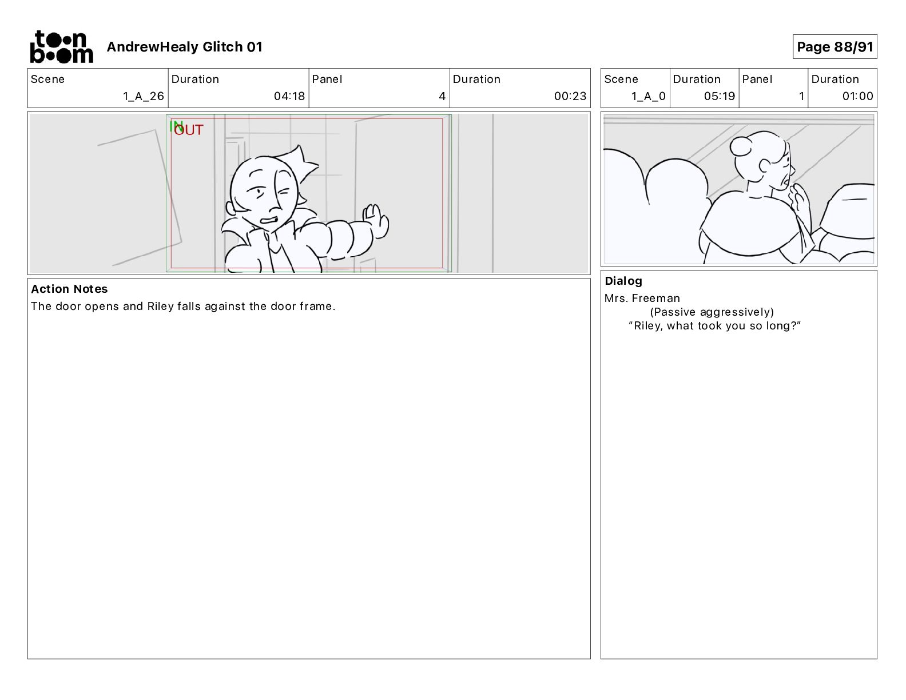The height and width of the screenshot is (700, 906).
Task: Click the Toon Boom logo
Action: [x=62, y=47]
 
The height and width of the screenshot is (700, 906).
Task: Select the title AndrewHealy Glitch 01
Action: [x=184, y=47]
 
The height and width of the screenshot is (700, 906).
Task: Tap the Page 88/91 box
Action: [x=835, y=47]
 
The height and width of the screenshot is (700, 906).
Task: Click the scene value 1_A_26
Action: [x=143, y=96]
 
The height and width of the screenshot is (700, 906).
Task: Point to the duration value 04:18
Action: [x=289, y=96]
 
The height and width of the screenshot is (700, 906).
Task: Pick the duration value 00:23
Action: [x=570, y=96]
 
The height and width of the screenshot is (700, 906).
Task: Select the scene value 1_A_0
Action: [x=649, y=96]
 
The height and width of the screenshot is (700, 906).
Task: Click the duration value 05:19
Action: [x=719, y=96]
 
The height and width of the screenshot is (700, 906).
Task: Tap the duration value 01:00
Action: [x=857, y=96]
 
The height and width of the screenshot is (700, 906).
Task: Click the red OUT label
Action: [x=189, y=130]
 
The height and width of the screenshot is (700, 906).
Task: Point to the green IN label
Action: [x=176, y=126]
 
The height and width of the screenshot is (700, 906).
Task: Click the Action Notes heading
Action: [x=69, y=289]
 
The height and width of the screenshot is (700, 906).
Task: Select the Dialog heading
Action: [x=623, y=281]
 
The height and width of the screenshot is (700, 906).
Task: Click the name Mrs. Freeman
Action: [x=642, y=298]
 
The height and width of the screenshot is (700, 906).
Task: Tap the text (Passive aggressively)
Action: [x=712, y=312]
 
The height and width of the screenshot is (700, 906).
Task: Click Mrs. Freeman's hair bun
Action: [x=741, y=147]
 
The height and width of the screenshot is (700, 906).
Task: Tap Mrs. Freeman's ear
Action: [x=765, y=166]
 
